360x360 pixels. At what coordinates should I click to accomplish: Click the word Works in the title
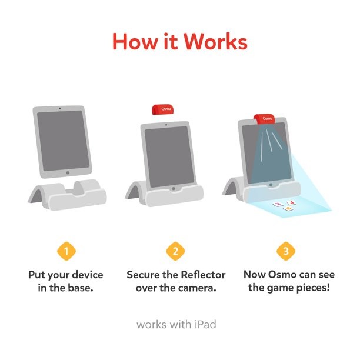(x=215, y=42)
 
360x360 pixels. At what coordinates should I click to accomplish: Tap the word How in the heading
(x=135, y=42)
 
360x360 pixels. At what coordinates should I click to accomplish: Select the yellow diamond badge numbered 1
(x=66, y=251)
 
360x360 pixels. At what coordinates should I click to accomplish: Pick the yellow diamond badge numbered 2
(x=175, y=251)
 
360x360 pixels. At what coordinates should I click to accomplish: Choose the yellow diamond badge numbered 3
(x=286, y=251)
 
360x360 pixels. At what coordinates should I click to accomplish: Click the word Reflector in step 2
(x=203, y=275)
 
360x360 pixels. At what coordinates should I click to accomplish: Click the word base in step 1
(x=81, y=288)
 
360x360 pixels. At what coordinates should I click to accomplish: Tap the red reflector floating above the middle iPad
(x=162, y=109)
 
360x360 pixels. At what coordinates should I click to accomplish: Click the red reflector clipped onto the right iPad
(x=264, y=119)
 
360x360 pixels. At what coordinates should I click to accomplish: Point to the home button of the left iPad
(x=68, y=173)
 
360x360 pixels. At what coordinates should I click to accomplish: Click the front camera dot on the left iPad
(x=60, y=108)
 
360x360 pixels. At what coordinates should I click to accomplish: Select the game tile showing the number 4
(x=292, y=202)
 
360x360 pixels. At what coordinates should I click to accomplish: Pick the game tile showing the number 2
(x=278, y=204)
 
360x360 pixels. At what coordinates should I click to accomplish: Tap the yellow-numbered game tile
(x=289, y=208)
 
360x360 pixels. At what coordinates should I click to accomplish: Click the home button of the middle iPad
(x=174, y=188)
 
